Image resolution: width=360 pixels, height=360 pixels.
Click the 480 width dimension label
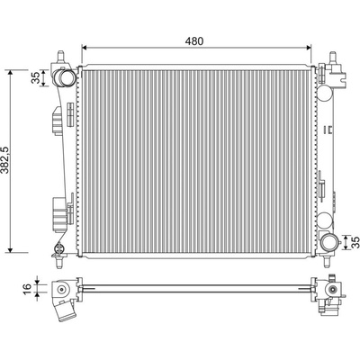[x=194, y=41]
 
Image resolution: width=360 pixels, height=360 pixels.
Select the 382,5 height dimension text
[x=4, y=160]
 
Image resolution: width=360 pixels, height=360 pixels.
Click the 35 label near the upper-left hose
[x=35, y=77]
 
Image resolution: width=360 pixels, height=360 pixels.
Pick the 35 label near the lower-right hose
[x=355, y=242]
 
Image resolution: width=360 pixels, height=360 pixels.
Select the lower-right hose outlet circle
[x=329, y=242]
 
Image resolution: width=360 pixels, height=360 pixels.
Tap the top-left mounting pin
[x=61, y=57]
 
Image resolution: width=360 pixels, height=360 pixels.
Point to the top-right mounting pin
[x=333, y=57]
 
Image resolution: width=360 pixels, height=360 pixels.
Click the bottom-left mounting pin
[x=58, y=262]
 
